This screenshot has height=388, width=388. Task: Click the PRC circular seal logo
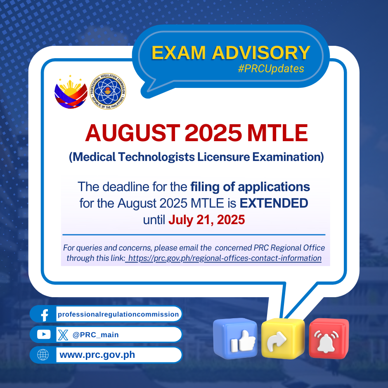(x=108, y=91)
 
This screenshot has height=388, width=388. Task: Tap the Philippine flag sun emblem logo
(x=71, y=92)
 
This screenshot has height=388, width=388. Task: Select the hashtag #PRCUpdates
(x=271, y=69)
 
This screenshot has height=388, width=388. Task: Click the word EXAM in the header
(x=178, y=52)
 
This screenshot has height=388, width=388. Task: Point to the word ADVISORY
(x=261, y=52)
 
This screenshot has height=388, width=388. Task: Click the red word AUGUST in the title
(x=132, y=133)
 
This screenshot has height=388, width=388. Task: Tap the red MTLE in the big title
(x=277, y=133)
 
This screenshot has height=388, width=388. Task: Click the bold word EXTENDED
(x=274, y=203)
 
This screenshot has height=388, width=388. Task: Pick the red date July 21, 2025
(x=207, y=220)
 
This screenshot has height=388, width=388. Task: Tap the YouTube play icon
(x=44, y=335)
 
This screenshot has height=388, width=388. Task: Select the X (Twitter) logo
(x=63, y=335)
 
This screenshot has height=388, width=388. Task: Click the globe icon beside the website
(x=43, y=355)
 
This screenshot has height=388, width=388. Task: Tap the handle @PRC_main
(x=95, y=335)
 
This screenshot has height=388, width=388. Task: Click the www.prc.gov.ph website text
(x=97, y=355)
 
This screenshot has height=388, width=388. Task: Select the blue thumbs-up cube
(x=235, y=338)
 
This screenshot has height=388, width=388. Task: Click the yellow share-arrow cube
(x=283, y=338)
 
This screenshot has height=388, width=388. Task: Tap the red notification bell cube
(x=329, y=338)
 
